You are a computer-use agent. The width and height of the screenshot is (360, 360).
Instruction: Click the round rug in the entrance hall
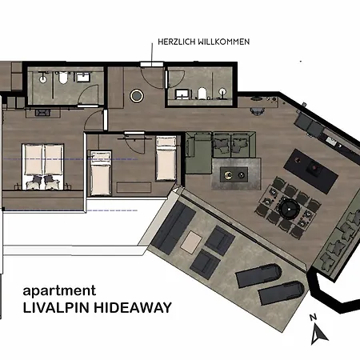[137, 96]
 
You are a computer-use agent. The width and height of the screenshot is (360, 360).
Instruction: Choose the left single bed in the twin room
[101, 170]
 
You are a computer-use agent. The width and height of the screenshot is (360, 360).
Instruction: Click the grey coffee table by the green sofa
[236, 173]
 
